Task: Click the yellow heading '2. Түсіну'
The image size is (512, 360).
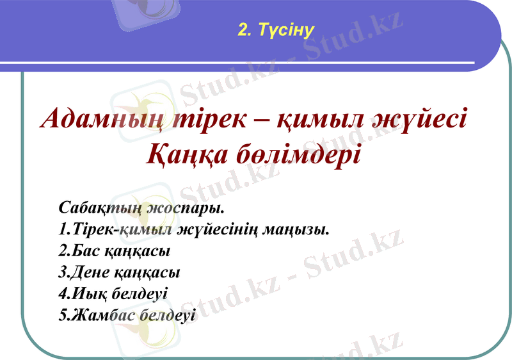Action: click(276, 30)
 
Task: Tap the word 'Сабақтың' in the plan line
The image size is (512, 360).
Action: click(99, 208)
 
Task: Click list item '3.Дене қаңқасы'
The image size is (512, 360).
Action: click(119, 272)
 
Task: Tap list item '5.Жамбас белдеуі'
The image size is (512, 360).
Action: click(126, 315)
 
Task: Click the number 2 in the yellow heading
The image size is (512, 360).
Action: click(241, 30)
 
